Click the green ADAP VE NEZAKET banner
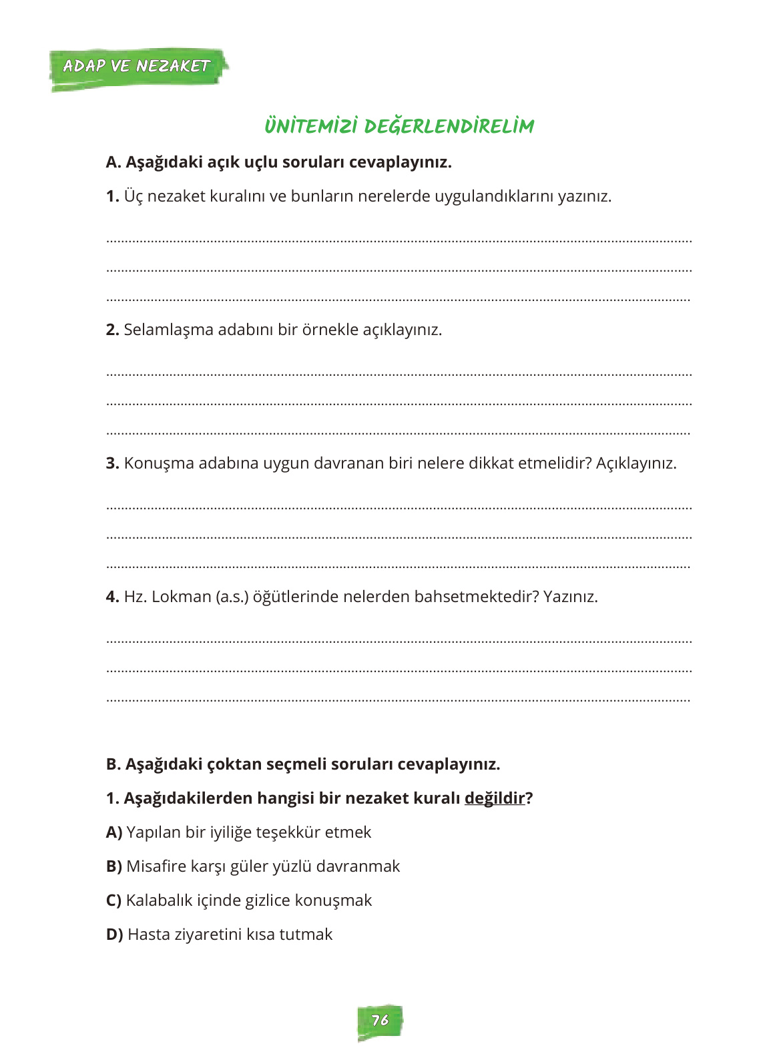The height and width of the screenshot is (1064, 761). (137, 67)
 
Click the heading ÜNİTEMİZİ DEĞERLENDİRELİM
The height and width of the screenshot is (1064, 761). (399, 126)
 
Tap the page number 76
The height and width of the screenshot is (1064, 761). (380, 1021)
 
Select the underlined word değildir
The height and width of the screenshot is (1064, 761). (495, 798)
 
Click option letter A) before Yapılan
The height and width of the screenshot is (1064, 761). (114, 832)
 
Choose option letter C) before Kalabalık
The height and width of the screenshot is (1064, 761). (113, 900)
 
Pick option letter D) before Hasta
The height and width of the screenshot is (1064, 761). (114, 935)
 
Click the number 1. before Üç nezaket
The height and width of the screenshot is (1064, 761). (112, 196)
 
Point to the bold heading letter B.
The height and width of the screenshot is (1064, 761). (113, 764)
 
